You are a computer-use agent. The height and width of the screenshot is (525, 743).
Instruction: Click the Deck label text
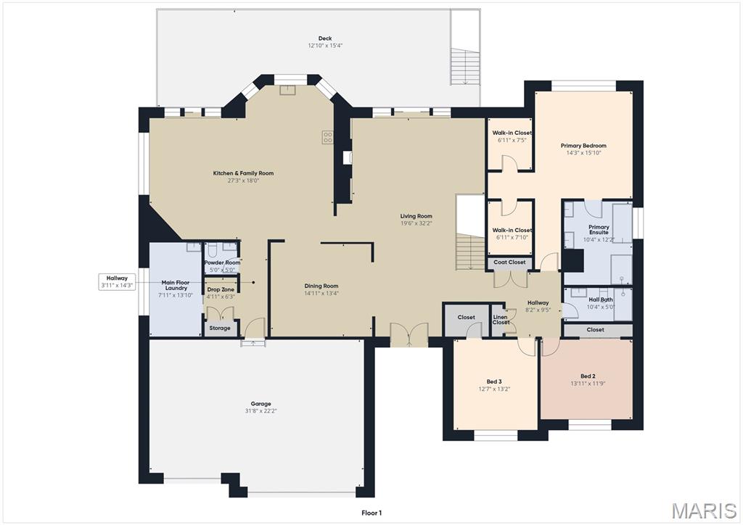[x=324, y=39]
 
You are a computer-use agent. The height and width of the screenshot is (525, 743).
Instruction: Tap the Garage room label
[x=260, y=404]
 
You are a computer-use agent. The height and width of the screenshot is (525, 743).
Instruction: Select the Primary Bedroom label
[x=583, y=146]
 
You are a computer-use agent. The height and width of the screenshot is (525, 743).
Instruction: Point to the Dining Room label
[x=321, y=286]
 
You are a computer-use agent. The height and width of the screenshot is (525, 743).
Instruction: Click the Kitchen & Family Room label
[x=243, y=173]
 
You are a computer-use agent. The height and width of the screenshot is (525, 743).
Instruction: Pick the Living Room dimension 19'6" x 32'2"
[x=416, y=223]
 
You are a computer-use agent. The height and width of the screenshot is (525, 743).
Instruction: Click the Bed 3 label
[x=494, y=381]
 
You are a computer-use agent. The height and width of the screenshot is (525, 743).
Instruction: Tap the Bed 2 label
[x=588, y=376]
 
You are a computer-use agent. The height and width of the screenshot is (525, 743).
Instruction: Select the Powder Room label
[x=222, y=262]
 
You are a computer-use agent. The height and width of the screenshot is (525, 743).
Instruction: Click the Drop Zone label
[x=221, y=289]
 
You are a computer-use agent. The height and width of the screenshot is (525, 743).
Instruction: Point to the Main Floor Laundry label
[x=174, y=285]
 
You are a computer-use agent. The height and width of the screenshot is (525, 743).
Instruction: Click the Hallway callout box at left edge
[x=117, y=281]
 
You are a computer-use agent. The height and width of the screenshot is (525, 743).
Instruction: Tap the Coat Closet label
[x=509, y=262]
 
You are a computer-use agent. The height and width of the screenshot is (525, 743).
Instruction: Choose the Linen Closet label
[x=501, y=319]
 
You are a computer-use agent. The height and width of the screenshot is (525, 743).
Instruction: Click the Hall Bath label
[x=600, y=299]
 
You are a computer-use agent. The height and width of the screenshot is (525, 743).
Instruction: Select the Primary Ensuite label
[x=599, y=230]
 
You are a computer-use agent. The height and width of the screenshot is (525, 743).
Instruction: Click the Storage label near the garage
[x=220, y=328]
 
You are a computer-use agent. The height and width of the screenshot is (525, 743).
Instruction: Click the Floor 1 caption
[x=371, y=513]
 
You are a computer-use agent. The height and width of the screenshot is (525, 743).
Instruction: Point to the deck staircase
[x=464, y=65]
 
